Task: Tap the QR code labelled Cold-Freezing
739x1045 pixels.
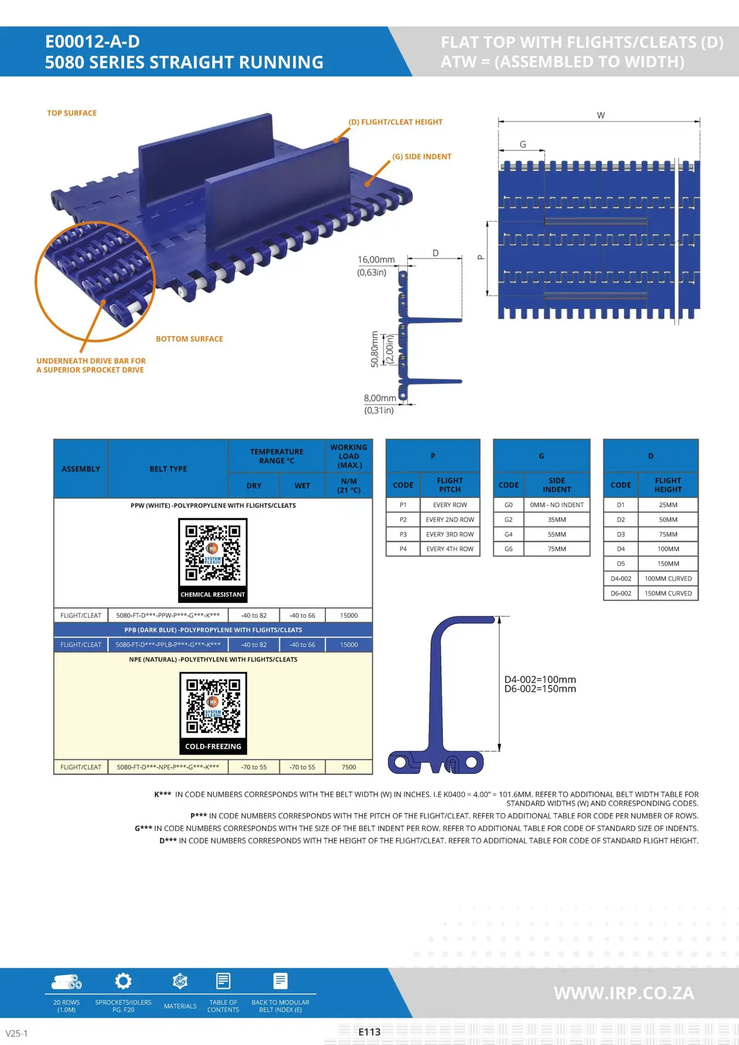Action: tap(213, 706)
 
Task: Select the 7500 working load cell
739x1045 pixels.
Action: tap(349, 767)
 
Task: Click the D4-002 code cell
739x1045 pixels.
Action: tap(621, 579)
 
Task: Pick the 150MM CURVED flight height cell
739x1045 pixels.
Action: tap(668, 593)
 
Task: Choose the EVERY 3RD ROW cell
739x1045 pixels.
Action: tap(450, 534)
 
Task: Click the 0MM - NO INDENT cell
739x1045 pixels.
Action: tap(557, 505)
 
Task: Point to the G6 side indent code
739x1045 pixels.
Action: tap(508, 549)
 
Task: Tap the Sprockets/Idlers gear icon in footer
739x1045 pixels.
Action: tap(124, 981)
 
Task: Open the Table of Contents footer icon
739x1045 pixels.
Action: tap(223, 981)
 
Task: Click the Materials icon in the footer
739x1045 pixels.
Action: tap(180, 981)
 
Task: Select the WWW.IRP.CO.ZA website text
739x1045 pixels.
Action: tap(624, 993)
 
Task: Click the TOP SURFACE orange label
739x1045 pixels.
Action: tap(72, 113)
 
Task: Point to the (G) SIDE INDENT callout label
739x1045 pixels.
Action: tap(422, 157)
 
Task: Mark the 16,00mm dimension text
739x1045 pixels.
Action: tap(376, 260)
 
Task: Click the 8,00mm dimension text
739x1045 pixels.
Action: tap(380, 398)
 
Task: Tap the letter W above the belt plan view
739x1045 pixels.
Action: tap(601, 115)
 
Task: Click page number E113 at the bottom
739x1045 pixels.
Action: tap(369, 1032)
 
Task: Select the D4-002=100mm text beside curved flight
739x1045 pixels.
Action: tap(540, 679)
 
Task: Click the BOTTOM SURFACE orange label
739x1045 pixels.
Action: tap(189, 339)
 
